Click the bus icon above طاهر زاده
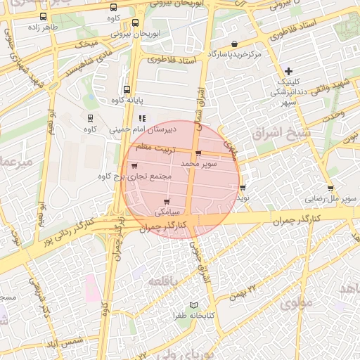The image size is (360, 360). point(44,17)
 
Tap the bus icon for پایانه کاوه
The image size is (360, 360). point(127,89)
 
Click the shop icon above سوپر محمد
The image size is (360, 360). point(198,153)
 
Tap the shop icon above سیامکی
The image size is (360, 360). point(167,202)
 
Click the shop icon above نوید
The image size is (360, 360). point(243,188)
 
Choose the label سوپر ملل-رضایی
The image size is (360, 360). point(326,198)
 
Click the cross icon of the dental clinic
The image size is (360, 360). point(288,71)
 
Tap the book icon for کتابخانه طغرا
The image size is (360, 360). point(195,305)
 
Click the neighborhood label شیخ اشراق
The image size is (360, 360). point(276,132)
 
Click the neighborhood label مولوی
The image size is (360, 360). point(297,304)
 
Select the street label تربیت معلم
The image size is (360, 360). point(152,148)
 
